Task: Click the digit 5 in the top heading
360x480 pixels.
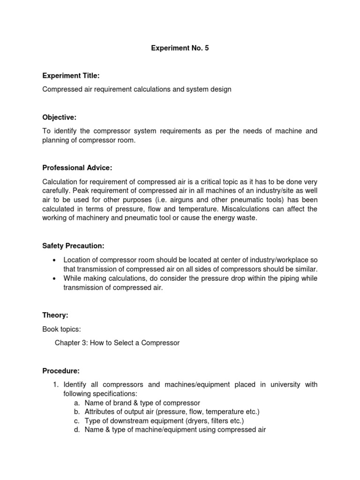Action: click(x=206, y=48)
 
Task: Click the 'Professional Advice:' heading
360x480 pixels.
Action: click(x=77, y=168)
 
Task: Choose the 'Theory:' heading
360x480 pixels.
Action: click(x=55, y=315)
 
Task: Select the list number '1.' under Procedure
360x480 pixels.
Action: click(x=55, y=385)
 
